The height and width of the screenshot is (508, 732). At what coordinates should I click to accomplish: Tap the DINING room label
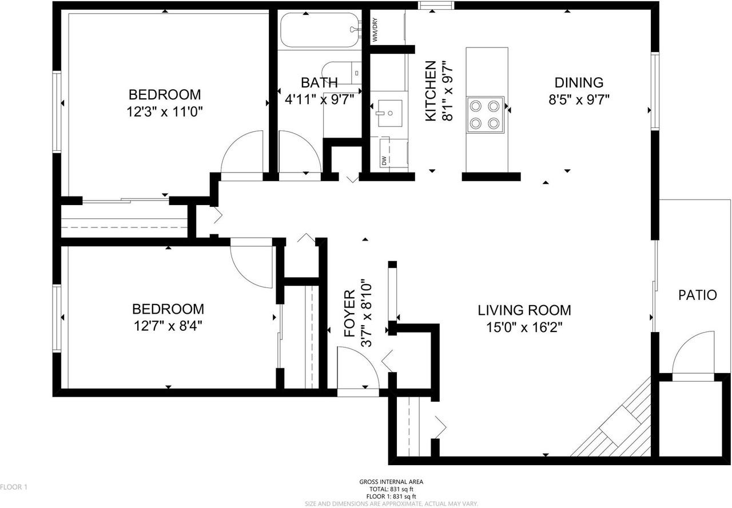pyautogui.click(x=579, y=82)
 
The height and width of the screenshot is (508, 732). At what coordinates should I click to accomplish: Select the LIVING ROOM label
pyautogui.click(x=524, y=310)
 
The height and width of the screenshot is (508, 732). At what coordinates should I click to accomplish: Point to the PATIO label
pyautogui.click(x=697, y=295)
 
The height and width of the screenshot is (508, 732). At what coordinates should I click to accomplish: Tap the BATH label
pyautogui.click(x=319, y=82)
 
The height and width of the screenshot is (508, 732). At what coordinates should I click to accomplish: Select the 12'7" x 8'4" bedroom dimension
pyautogui.click(x=168, y=327)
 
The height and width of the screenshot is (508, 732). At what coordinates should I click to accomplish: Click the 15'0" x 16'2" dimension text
pyautogui.click(x=524, y=328)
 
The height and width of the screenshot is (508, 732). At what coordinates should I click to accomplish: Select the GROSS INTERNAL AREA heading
pyautogui.click(x=391, y=482)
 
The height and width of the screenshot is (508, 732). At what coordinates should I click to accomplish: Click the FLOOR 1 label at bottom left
pyautogui.click(x=14, y=487)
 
